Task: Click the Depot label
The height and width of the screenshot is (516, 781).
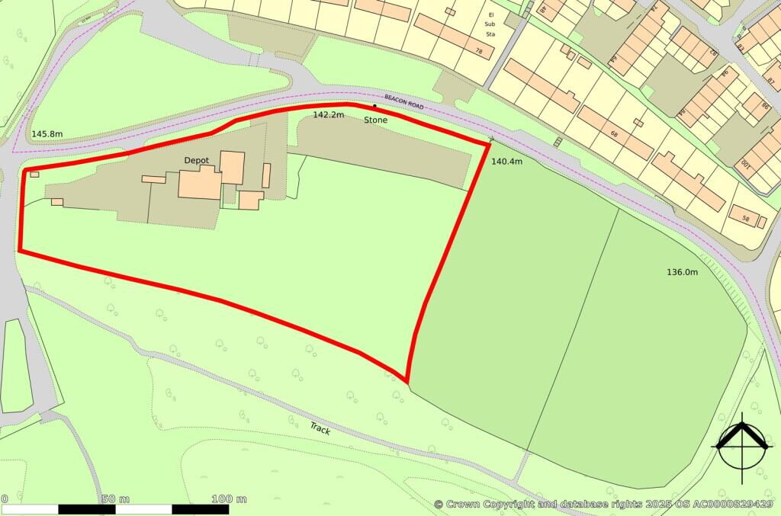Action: click(197, 161)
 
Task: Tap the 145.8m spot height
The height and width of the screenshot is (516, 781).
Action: click(47, 134)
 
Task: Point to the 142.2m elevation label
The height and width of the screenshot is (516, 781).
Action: click(329, 114)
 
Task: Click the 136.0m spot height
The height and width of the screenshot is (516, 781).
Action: click(683, 272)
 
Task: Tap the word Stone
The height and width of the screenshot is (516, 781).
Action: click(375, 120)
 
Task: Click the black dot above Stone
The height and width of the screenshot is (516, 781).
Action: click(374, 106)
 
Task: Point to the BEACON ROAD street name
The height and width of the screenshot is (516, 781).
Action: click(403, 102)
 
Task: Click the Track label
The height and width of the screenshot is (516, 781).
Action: click(320, 428)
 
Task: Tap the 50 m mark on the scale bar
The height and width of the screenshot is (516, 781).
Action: click(115, 499)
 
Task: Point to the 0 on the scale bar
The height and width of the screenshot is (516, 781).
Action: click(5, 499)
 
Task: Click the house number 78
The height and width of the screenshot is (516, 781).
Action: click(479, 51)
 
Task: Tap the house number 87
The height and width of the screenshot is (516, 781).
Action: click(770, 81)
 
